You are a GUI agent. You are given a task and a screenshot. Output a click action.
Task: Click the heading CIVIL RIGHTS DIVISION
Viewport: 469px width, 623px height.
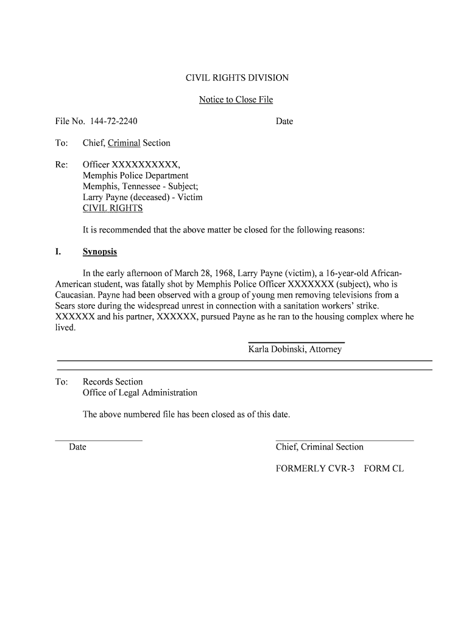click(237, 78)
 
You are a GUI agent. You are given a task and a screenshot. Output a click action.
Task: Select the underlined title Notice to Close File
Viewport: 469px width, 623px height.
click(236, 100)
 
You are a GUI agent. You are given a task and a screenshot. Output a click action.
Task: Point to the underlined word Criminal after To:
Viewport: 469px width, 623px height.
click(124, 143)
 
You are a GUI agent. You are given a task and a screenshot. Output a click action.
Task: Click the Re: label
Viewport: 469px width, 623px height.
click(62, 165)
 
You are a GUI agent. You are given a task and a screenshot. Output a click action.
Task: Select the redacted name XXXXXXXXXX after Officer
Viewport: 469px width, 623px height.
click(146, 165)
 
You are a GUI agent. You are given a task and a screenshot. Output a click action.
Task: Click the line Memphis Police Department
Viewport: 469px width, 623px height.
click(135, 176)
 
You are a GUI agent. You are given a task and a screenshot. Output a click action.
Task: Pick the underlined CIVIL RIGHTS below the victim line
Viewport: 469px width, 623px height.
click(113, 209)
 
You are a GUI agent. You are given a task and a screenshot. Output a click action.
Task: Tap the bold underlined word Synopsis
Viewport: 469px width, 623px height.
click(100, 252)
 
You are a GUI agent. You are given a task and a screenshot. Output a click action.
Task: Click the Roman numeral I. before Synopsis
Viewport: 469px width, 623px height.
click(59, 252)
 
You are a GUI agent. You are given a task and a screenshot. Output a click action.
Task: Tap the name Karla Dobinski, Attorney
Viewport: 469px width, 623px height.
click(295, 349)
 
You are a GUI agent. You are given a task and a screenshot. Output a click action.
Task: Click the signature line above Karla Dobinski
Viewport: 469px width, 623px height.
click(296, 343)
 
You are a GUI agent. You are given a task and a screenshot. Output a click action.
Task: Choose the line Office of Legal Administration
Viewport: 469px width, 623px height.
click(140, 393)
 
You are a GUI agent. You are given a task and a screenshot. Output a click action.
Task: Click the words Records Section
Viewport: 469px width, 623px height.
click(113, 382)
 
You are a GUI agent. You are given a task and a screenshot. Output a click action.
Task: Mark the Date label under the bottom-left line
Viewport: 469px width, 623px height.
click(77, 447)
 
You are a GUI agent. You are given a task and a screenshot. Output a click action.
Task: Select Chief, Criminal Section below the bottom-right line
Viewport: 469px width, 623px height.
click(319, 447)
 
